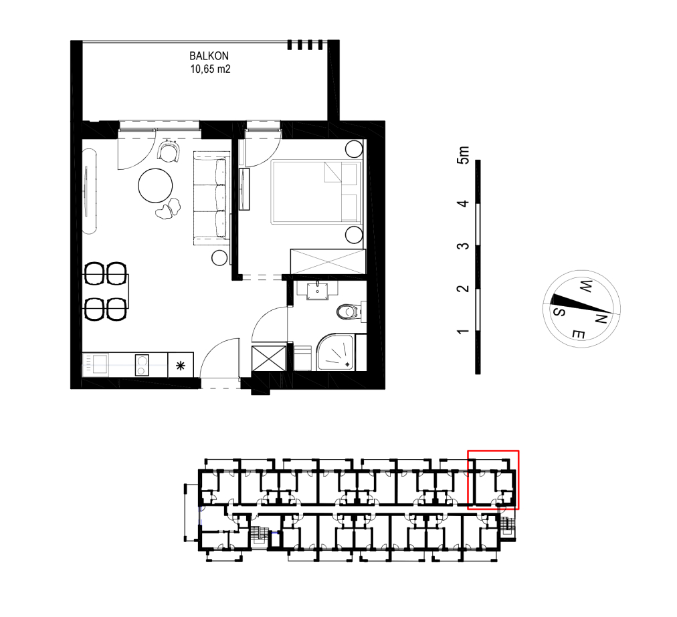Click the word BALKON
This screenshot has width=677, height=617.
coord(209,55)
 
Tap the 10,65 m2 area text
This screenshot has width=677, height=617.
coord(210,69)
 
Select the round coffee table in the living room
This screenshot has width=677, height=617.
coord(155,186)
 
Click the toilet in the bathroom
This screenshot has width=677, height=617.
coord(348,312)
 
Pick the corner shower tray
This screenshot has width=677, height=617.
coord(336,352)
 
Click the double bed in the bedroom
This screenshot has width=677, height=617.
coord(316,193)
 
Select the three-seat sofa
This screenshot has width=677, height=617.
coord(211,198)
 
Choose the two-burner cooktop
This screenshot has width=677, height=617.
coord(142,365)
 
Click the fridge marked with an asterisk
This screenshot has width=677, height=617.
coord(181,366)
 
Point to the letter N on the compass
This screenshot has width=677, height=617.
coord(601,319)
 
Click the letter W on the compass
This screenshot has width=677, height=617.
coord(585,286)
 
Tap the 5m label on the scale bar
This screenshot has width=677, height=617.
coord(463,155)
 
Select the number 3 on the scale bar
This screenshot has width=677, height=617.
coord(463,246)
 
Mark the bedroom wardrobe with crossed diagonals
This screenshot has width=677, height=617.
coord(328,261)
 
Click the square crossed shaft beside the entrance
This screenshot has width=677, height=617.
coord(268,358)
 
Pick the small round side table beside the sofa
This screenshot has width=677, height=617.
coord(219,258)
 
